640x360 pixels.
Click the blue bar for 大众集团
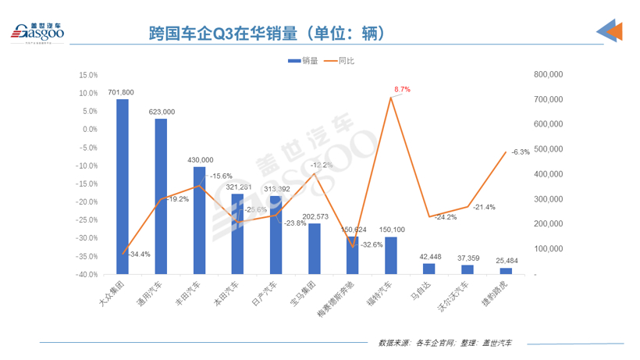coord(123,187)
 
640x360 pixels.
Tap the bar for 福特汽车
coord(391,255)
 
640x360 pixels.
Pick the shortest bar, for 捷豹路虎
coord(506,271)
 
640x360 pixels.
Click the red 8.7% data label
coord(402,90)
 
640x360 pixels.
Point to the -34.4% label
coord(138,255)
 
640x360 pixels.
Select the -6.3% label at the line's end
coord(521,151)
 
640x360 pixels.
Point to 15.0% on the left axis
coord(88,75)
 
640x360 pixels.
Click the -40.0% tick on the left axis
coord(87,274)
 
